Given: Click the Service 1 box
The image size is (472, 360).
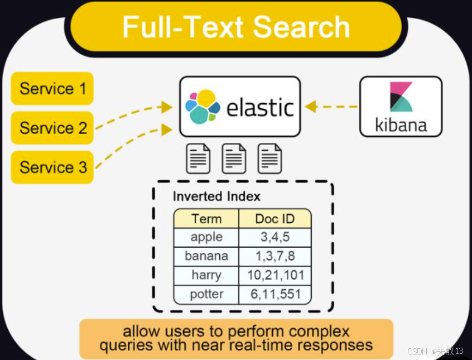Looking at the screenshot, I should tap(52, 89).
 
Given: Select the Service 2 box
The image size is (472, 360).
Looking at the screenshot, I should tap(52, 128).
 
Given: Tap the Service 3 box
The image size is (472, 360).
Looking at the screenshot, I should tap(52, 167).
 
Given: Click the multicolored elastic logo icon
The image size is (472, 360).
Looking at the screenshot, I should tap(201, 106).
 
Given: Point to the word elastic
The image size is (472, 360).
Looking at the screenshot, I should tap(260, 107).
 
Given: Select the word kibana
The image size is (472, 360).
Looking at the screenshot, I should tap(401, 124).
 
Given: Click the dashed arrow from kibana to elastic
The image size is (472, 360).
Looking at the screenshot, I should tap(331, 107).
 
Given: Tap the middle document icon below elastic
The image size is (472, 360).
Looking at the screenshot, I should tap(234, 159).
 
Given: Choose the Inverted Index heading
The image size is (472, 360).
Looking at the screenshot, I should tap(216, 196).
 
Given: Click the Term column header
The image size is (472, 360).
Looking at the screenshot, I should tap(206, 219).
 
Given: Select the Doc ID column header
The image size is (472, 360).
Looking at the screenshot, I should tap(274, 219).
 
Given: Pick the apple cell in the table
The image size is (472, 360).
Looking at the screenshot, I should tap(206, 237).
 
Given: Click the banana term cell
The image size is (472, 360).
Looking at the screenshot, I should tap(206, 256).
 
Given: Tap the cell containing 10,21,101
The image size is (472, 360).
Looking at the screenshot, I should tap(275, 275).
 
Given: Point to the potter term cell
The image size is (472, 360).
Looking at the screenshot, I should tap(206, 294).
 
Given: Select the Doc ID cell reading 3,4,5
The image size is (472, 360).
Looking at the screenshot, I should tap(275, 237).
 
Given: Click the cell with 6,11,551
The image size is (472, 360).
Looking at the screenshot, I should tap(275, 294).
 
